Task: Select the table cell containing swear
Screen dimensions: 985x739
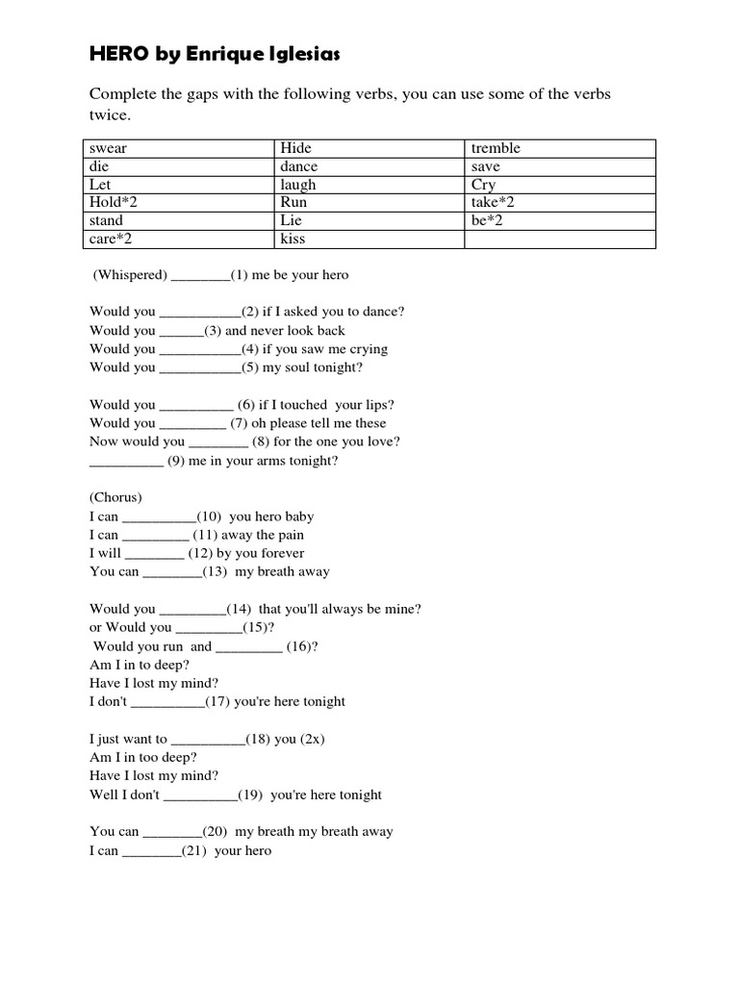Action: pos(177,148)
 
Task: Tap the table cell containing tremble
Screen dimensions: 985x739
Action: pos(561,148)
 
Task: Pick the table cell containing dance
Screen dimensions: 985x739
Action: pos(369,166)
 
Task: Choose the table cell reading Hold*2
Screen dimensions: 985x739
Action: pos(177,203)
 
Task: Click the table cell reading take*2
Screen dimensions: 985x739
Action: pos(561,203)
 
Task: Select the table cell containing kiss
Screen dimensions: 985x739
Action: pos(369,240)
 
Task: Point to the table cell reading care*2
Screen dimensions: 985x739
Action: pos(177,240)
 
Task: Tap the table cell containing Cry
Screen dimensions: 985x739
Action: pos(561,185)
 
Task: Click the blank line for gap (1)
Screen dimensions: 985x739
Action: pos(200,277)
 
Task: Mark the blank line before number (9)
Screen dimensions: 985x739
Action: pos(126,463)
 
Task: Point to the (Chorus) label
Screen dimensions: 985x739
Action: pos(115,497)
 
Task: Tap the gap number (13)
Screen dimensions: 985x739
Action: pos(215,571)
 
